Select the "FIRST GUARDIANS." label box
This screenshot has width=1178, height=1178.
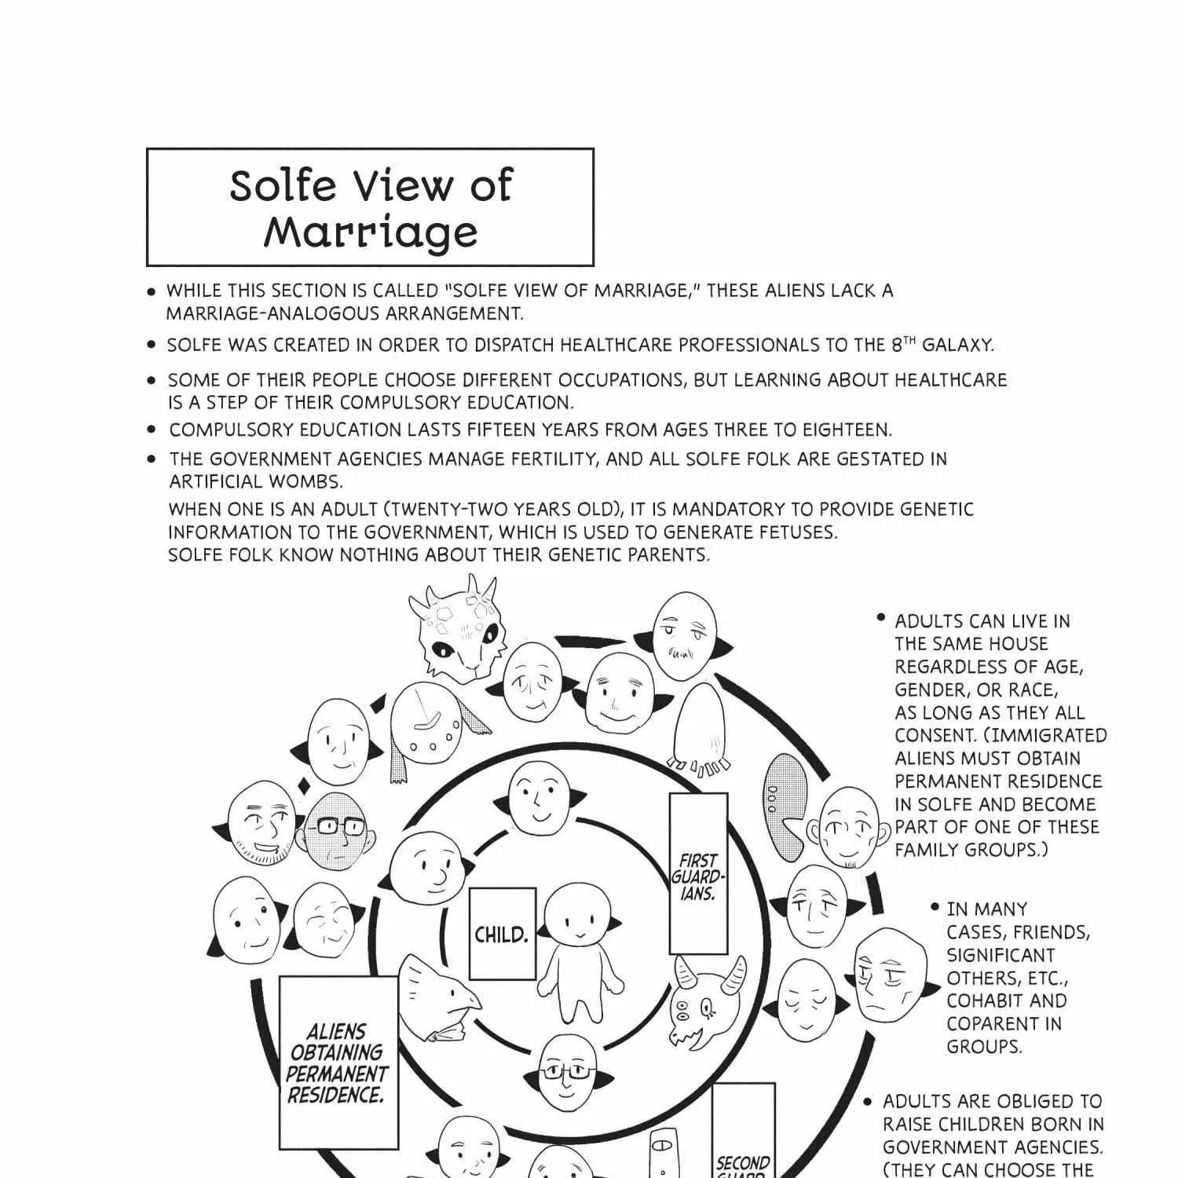698,873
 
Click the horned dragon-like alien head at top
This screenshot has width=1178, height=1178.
454,627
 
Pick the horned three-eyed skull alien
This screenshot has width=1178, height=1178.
707,1002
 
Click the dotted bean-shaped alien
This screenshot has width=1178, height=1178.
784,806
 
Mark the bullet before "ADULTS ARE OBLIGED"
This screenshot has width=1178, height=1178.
868,1102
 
